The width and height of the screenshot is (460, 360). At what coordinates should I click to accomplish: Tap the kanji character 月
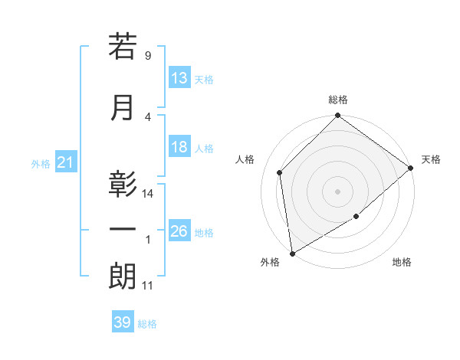coord(123,107)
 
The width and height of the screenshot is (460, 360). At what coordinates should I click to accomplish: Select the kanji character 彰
coord(123,185)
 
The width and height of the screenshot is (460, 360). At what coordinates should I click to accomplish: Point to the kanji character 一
coord(123,231)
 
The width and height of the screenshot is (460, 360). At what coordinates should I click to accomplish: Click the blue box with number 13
coord(179,78)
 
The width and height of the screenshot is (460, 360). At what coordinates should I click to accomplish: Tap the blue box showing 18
coord(179,147)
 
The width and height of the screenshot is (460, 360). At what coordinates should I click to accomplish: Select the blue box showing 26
coord(179,231)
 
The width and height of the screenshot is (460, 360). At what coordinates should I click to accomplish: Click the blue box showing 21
coord(65,162)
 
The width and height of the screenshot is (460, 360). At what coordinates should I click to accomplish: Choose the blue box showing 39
coord(123,322)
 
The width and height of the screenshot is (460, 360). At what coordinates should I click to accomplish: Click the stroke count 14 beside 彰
coord(148,194)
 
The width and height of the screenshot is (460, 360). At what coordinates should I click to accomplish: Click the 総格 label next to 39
coord(147,324)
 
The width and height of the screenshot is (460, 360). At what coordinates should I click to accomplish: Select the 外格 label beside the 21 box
coord(40,163)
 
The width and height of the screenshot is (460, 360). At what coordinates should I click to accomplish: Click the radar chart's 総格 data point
coord(337,116)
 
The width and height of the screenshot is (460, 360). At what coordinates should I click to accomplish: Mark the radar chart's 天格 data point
coord(411,168)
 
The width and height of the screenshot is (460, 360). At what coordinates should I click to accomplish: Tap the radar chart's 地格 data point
coord(356,217)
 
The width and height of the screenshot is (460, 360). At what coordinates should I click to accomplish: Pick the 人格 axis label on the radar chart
coord(245,159)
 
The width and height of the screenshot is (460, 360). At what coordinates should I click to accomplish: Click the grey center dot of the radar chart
coord(337,191)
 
